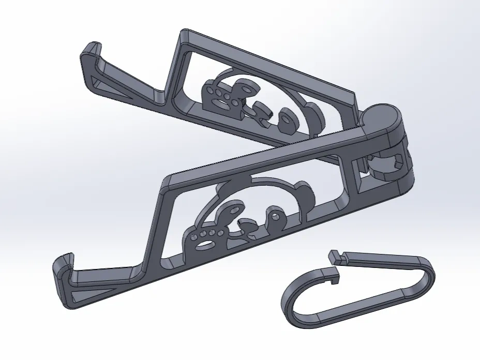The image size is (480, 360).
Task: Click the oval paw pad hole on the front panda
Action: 208,243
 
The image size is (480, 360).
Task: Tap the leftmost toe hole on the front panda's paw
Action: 194,236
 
